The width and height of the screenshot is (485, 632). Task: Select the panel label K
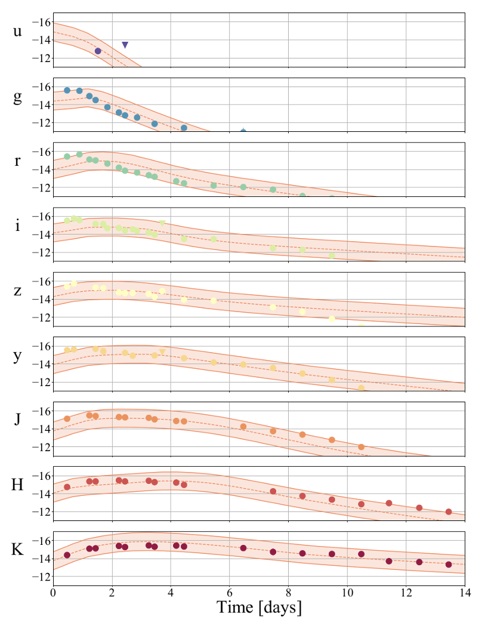pyautogui.click(x=18, y=550)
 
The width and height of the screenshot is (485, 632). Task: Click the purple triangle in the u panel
pyautogui.click(x=125, y=45)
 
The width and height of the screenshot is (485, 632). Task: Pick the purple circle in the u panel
pyautogui.click(x=98, y=51)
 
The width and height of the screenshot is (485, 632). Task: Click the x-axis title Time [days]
pyautogui.click(x=259, y=608)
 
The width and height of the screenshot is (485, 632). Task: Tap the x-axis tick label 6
pyautogui.click(x=230, y=592)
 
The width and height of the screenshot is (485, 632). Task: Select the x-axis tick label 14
pyautogui.click(x=465, y=592)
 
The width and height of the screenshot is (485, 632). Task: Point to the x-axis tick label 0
pyautogui.click(x=53, y=592)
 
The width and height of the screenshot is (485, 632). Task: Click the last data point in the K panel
pyautogui.click(x=449, y=565)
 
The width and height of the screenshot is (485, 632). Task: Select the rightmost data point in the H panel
pyautogui.click(x=449, y=511)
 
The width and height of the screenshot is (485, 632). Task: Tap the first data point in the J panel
pyautogui.click(x=67, y=418)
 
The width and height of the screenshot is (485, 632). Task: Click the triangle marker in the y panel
pyautogui.click(x=162, y=352)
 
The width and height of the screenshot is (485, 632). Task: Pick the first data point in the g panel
pyautogui.click(x=67, y=90)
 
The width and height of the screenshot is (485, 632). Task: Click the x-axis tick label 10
pyautogui.click(x=347, y=592)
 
